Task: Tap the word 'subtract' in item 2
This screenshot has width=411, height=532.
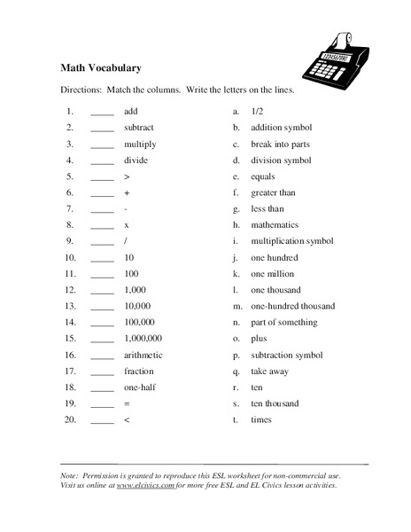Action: coord(139,128)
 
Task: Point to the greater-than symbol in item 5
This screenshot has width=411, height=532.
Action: coord(128,176)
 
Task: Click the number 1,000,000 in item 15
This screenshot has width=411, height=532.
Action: coord(143,338)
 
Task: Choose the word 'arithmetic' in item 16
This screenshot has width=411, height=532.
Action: coord(143,355)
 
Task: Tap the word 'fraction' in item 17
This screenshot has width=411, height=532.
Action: coord(139,371)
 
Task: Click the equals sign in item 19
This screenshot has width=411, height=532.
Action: coord(128,403)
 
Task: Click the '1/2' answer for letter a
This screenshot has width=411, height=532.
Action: coord(258,112)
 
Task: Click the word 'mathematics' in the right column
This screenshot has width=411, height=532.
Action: coord(275,225)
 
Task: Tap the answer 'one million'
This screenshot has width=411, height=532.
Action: coord(272,274)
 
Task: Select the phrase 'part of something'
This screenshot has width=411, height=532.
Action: coord(282,322)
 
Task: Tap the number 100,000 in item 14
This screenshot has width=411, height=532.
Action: coord(140,322)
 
